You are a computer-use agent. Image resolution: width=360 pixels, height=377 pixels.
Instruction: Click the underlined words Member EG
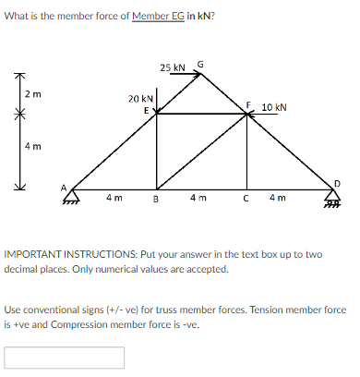click(x=158, y=17)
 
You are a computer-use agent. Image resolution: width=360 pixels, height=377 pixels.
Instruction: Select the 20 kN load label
click(x=140, y=97)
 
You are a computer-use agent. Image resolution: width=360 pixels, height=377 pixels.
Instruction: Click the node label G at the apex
click(x=201, y=64)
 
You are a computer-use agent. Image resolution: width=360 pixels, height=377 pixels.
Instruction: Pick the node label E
click(x=145, y=110)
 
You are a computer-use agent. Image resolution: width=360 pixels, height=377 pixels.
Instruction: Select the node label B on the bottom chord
click(x=155, y=199)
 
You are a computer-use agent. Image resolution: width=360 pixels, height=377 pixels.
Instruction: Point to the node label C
click(x=246, y=199)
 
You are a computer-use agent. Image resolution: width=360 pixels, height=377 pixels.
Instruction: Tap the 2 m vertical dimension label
click(x=32, y=95)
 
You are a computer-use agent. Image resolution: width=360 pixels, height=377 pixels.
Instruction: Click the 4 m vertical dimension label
click(x=32, y=146)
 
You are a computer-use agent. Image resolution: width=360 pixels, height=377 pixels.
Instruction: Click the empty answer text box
click(x=65, y=357)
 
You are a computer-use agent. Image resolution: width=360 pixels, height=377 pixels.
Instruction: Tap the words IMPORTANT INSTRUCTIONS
click(x=63, y=253)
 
